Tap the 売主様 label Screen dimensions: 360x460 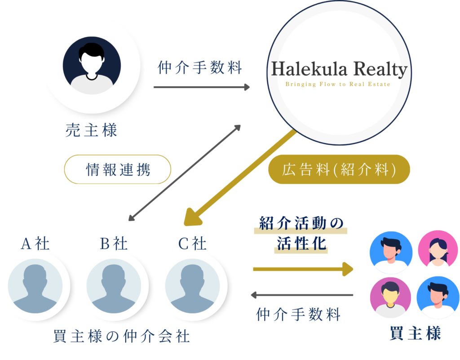pos(92,131)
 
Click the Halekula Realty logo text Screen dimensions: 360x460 pos(339,70)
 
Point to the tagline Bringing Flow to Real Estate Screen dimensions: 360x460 pos(338,84)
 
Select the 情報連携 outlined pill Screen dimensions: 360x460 pos(118,170)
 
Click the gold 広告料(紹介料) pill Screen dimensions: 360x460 pos(339,169)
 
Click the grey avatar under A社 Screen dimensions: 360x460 pos(35,285)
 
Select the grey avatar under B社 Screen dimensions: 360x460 pos(114,285)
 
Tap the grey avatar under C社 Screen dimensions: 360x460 pos(192,285)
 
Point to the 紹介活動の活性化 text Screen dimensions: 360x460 pos(301,234)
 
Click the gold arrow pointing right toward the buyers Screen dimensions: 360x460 pos(303,269)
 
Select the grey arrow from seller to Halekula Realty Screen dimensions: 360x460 pos(201,87)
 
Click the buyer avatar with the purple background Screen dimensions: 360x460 pos(390,297)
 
